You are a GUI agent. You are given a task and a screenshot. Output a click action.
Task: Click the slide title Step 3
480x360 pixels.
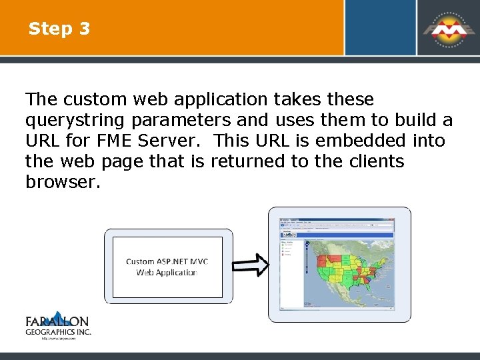[x=59, y=29]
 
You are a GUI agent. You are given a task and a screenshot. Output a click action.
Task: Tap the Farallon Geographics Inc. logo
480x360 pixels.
[x=58, y=324]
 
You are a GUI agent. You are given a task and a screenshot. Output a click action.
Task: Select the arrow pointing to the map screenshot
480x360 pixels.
[x=251, y=265]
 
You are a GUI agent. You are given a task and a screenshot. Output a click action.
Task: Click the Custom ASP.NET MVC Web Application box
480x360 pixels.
[x=167, y=267]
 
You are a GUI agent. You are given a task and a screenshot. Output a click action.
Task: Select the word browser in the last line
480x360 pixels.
[x=63, y=182]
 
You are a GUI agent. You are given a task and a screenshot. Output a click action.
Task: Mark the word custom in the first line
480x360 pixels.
[x=96, y=100]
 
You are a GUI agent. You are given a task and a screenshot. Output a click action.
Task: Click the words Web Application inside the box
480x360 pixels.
[x=167, y=273]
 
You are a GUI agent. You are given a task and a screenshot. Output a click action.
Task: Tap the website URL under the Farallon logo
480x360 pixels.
[x=58, y=339]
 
